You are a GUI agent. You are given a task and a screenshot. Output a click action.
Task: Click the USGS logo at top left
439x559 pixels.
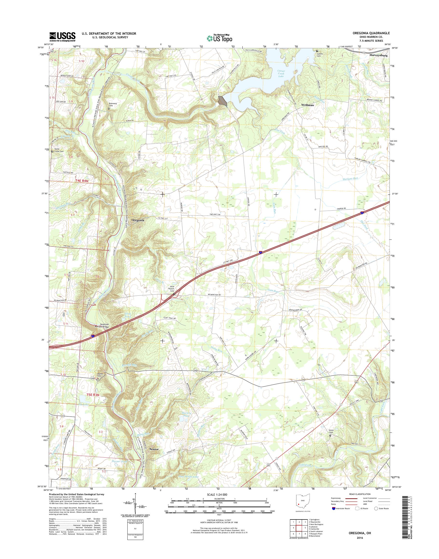(x=62, y=37)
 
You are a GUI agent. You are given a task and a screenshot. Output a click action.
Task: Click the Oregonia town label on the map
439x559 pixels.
(x=138, y=220)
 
